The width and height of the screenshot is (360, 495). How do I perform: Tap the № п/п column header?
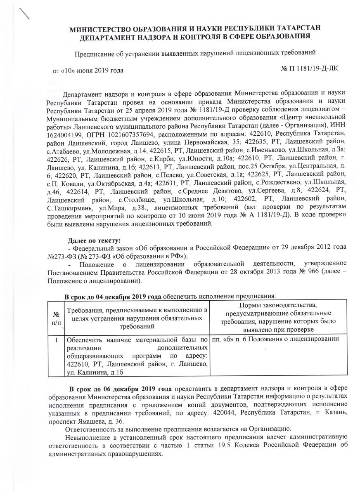click(x=57, y=318)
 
